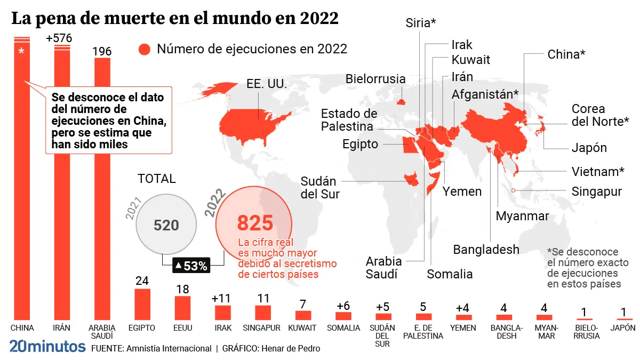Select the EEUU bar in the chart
pos(182,308)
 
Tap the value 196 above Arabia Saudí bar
pos(102,52)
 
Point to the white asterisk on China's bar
pos(21,52)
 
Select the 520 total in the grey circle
pos(166,225)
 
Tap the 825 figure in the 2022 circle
pos(255,222)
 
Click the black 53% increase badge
pos(191,265)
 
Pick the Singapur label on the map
pos(596,191)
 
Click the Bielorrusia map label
pos(375,79)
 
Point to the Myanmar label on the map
pos(522,216)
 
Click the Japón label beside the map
pos(589,148)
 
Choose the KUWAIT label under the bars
pos(302,328)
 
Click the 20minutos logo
pos(47,346)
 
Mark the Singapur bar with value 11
pos(263,313)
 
